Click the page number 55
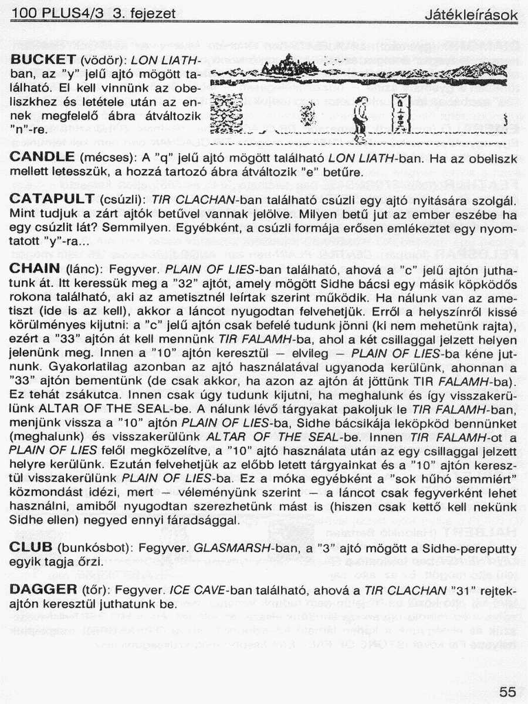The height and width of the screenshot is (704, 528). click(508, 692)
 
